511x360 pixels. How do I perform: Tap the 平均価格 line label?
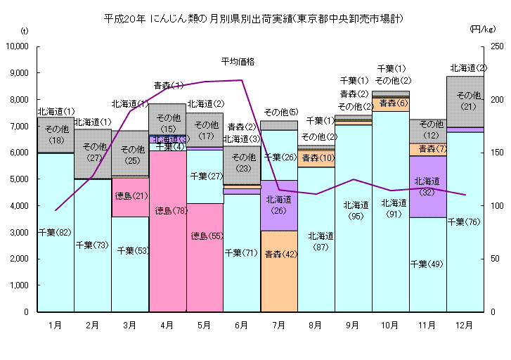(x=237, y=62)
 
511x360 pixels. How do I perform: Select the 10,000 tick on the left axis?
(x=15, y=46)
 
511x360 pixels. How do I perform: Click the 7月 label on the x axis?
(x=278, y=326)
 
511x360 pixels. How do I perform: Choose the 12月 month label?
(x=465, y=326)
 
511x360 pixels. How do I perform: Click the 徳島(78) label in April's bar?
(x=167, y=210)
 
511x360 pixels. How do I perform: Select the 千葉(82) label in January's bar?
(x=55, y=232)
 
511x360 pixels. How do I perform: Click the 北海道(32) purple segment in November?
(x=427, y=186)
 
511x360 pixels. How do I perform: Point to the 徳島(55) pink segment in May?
(x=205, y=236)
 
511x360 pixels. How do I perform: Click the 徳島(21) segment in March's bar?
(x=130, y=196)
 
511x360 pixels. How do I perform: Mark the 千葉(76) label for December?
(x=465, y=222)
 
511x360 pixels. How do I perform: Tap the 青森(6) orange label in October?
(x=390, y=103)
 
